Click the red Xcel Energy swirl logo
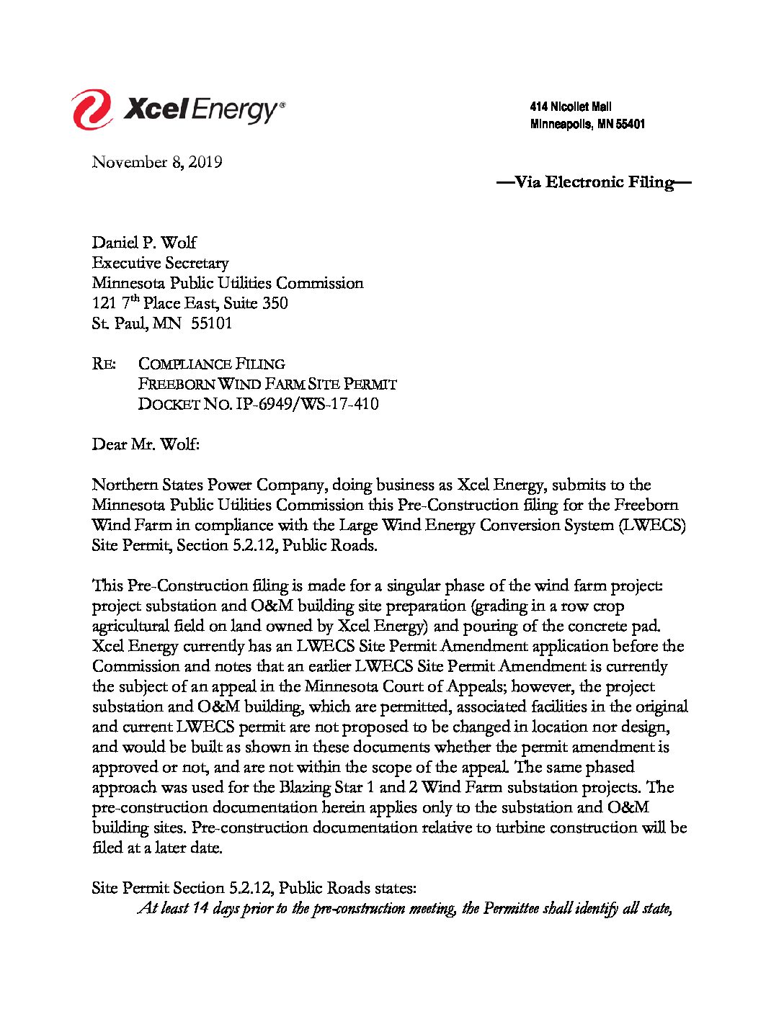point(91,109)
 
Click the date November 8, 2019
point(156,162)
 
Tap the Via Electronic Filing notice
point(594,181)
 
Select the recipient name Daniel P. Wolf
point(144,243)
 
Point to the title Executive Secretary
point(160,263)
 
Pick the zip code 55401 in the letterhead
point(631,124)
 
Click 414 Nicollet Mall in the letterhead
point(571,107)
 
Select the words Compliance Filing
point(211,364)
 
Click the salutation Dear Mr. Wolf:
point(145,444)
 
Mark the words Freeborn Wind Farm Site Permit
point(267,384)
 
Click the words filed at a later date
point(157,848)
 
